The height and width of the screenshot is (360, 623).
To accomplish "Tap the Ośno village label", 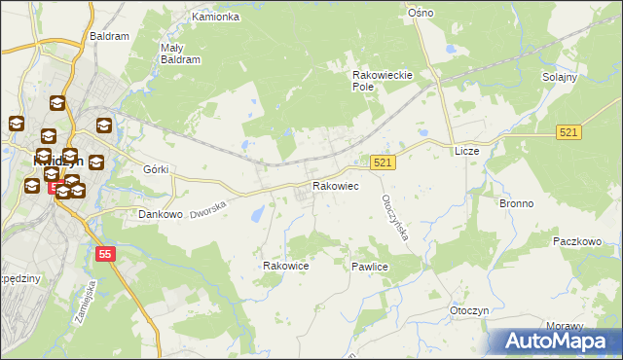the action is point(420,13).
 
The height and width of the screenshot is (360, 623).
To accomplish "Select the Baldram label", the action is point(109,36).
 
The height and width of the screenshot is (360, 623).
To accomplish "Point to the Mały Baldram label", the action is point(179,53).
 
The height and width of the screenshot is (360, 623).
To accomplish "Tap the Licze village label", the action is point(466,153).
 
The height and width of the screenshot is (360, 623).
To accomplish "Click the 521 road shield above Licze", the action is point(570,131).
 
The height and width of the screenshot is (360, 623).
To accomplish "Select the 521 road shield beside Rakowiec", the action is point(383,163).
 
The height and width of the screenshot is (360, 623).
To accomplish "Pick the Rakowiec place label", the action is point(335,186).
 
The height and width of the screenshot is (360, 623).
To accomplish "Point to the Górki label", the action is point(156,169).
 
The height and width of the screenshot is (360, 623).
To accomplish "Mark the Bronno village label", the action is point(516,204).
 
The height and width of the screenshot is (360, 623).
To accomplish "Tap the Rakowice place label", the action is point(286,265).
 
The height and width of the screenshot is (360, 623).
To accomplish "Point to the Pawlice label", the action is point(370,266).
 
